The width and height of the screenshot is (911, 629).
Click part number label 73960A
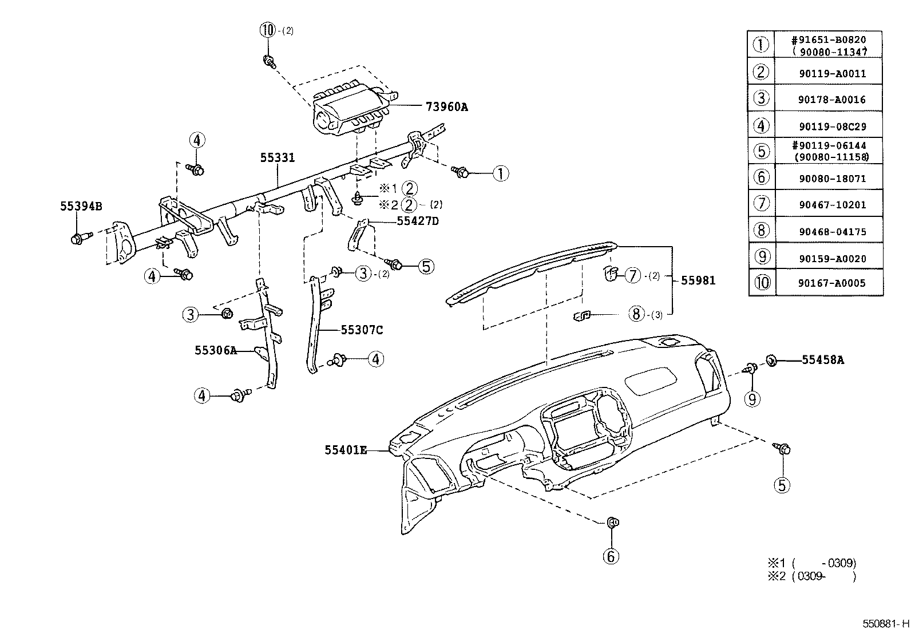[x=446, y=106]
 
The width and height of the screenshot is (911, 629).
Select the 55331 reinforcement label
[x=278, y=157]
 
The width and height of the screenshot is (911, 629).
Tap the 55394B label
[x=81, y=206]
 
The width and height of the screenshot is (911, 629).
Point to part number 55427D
[x=417, y=220]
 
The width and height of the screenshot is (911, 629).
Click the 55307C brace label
[x=362, y=330]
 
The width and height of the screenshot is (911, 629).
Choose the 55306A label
[x=215, y=350]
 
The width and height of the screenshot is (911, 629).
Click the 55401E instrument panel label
[x=346, y=450]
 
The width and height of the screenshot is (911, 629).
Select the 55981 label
[x=698, y=280]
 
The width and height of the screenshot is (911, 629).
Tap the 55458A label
[x=822, y=360]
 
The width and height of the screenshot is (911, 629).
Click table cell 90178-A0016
[x=831, y=100]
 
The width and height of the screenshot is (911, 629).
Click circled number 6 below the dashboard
[x=611, y=556]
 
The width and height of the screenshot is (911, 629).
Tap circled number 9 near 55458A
[x=753, y=398]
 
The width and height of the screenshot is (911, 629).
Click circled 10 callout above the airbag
[x=268, y=31]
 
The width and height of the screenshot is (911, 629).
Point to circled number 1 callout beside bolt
[x=500, y=173]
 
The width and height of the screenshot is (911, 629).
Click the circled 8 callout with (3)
[x=636, y=314]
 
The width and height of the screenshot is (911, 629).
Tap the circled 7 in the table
[x=761, y=204]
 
